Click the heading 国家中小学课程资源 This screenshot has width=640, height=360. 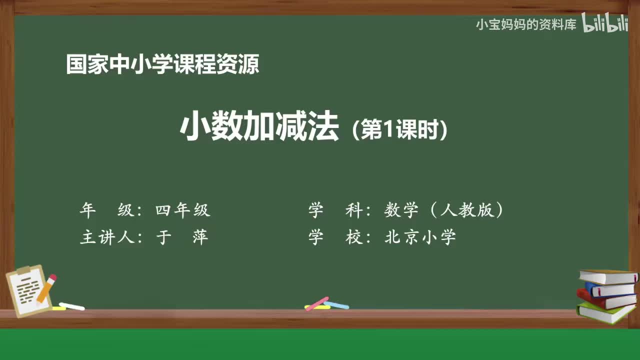(162, 65)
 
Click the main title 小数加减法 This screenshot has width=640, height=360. (259, 128)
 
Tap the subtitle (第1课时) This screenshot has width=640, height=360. (399, 130)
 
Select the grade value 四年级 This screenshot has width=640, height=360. (182, 210)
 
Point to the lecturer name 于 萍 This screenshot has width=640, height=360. (182, 237)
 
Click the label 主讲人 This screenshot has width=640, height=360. (107, 237)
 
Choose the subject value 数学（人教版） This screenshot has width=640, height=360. (444, 210)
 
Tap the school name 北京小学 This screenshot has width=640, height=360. (420, 237)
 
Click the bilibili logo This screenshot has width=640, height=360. (605, 24)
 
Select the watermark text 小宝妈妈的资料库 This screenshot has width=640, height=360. (526, 25)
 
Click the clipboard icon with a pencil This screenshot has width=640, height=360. (29, 291)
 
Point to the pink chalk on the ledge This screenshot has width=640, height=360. (317, 303)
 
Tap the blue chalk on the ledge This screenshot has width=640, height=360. (336, 304)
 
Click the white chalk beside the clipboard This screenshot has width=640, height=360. (71, 306)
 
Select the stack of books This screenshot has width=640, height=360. (607, 296)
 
